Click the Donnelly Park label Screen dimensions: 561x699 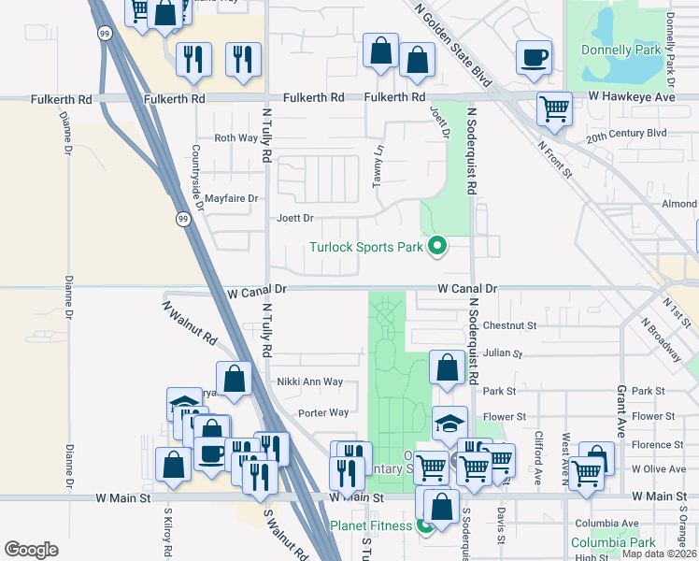[620, 49]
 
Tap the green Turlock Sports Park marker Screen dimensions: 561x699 [435, 247]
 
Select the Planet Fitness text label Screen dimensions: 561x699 [371, 525]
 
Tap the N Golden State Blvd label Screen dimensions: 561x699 [451, 42]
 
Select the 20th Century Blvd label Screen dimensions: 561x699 [626, 133]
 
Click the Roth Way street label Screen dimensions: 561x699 [235, 137]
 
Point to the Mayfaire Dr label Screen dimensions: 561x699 [231, 198]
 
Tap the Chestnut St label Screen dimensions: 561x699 [510, 326]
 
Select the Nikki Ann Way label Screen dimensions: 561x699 [309, 381]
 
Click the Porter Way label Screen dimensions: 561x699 [323, 412]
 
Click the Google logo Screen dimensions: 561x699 [31, 550]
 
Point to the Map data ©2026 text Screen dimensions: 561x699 [660, 554]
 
